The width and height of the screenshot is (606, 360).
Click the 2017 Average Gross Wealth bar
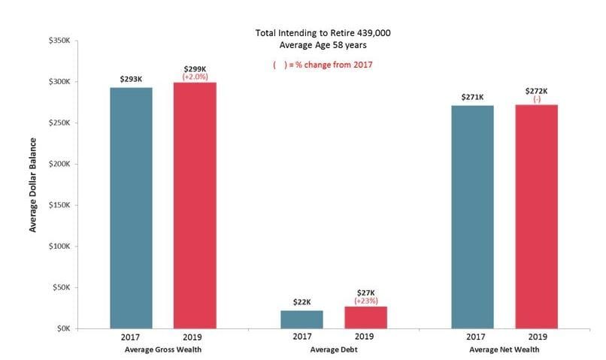pos(131,207)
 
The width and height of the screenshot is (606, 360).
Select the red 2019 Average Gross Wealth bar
pos(195,205)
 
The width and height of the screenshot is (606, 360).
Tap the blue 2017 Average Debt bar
pos(301,319)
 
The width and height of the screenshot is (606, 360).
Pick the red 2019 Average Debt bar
pos(365,317)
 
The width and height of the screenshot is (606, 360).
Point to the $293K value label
pos(131,78)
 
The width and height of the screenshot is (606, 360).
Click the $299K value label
pos(195,69)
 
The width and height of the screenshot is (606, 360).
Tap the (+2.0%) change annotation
pos(195,77)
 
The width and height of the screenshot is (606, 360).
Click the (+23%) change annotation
pos(365,301)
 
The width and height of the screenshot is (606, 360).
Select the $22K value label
pos(301,302)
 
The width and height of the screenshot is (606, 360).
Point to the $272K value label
pos(536,91)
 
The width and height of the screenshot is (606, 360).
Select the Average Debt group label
pos(333,349)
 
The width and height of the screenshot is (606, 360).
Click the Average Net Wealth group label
pos(504,349)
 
